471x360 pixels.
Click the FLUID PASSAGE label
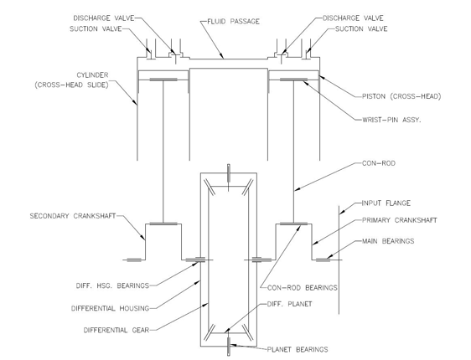[x=233, y=22]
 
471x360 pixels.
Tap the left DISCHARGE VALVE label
[x=104, y=18]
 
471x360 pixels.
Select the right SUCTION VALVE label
[x=361, y=28]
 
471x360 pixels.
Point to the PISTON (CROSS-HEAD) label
[x=401, y=96]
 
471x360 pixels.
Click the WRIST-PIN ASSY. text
[x=391, y=120]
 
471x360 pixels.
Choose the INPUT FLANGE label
[x=386, y=203]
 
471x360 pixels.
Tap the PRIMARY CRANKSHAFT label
[x=400, y=220]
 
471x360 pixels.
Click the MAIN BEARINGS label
[x=388, y=241]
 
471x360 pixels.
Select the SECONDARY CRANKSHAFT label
[x=73, y=216]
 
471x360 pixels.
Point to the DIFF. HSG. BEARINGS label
[x=112, y=285]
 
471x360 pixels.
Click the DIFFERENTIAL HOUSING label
[x=111, y=308]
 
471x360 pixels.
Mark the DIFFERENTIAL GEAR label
[x=116, y=331]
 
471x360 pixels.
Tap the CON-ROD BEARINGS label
[x=303, y=288]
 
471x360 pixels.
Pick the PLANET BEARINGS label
[x=298, y=349]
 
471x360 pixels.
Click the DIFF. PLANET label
[x=290, y=304]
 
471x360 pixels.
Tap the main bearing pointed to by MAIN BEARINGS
[x=323, y=260]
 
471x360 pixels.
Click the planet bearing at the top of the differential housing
[x=229, y=173]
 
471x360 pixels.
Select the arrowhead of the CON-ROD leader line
[x=298, y=189]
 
